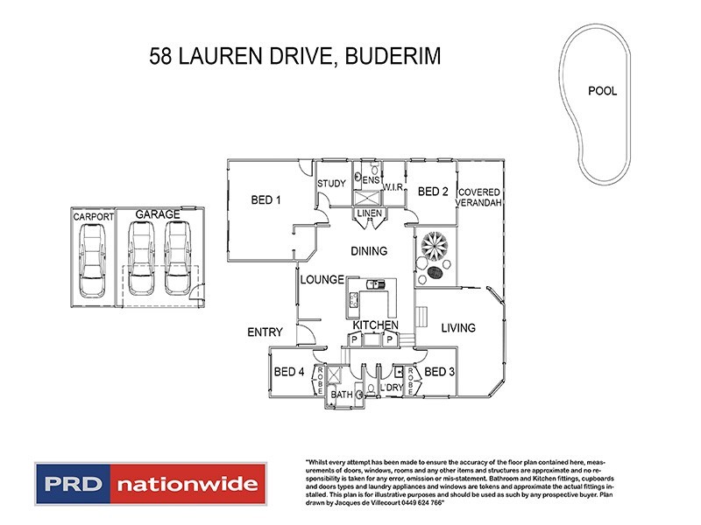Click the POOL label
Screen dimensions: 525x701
point(602,91)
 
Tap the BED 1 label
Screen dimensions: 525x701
point(266,200)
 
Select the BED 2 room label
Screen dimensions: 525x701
point(433,192)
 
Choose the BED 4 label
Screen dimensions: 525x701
point(289,372)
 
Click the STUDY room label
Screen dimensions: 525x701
point(331,184)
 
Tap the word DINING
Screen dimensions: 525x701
point(368,251)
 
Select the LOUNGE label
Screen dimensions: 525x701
point(320,281)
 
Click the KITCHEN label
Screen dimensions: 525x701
point(376,325)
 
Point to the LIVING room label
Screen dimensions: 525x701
point(457,328)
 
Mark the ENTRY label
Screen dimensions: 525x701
point(264,332)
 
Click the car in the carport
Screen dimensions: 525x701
point(91,260)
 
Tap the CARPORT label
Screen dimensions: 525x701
point(92,216)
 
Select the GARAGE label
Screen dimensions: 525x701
point(157,213)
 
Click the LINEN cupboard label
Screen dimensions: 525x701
point(368,214)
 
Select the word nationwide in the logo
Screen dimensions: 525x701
point(188,484)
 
